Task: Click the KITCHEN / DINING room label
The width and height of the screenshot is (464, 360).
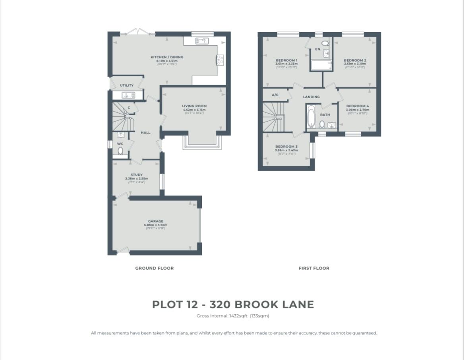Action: pos(167,57)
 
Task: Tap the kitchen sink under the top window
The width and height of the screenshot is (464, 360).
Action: pos(202,41)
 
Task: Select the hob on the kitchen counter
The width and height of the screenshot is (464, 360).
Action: pos(220,60)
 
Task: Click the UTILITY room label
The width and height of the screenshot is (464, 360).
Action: pos(127,85)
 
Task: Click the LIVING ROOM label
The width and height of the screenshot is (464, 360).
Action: pos(194,106)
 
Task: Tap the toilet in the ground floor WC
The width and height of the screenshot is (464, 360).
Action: pos(120,151)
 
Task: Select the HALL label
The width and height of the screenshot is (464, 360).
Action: pos(146,133)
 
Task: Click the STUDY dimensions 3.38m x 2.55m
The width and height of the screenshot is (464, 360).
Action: pos(136,179)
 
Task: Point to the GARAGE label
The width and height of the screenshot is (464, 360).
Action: pos(156,221)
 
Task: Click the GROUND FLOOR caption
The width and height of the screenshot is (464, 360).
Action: pos(154,268)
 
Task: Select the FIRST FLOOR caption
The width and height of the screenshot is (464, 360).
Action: pos(314,268)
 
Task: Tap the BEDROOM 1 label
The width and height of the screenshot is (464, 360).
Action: pos(286,60)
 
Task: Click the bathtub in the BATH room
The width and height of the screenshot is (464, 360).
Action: pos(311,115)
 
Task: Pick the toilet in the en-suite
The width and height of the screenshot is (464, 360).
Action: pos(325,43)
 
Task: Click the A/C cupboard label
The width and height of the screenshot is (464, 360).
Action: pos(275,95)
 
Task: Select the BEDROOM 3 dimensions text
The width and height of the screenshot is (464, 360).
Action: pos(286,151)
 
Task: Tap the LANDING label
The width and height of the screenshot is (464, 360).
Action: pos(311,97)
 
